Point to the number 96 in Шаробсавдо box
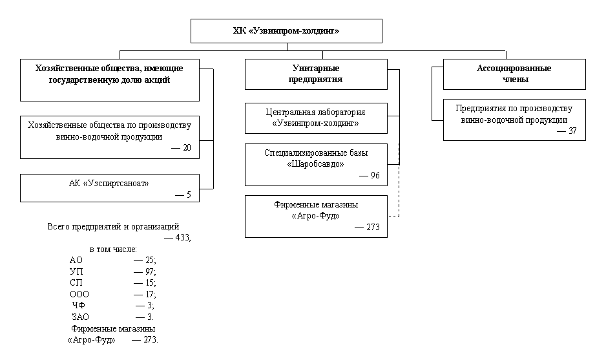click(x=375, y=176)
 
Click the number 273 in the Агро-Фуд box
click(x=373, y=227)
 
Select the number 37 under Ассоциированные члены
click(x=572, y=131)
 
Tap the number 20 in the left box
click(x=187, y=148)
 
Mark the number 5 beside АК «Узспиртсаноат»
click(x=189, y=195)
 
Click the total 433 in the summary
click(x=182, y=237)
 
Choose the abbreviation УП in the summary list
click(x=76, y=271)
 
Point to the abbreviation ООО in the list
click(x=79, y=294)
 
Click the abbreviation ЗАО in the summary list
click(x=80, y=317)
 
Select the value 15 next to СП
click(x=150, y=283)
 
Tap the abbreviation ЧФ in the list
click(x=78, y=306)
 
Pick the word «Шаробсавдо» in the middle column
click(x=315, y=164)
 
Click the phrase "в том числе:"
click(x=113, y=249)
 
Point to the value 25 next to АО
click(x=150, y=260)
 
